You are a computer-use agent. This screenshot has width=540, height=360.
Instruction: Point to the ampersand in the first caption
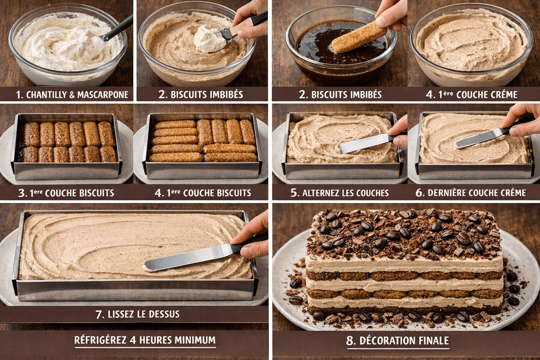click(72, 95)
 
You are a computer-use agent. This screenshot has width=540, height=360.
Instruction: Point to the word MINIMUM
click(195, 340)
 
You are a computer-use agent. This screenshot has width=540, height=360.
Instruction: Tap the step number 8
click(351, 341)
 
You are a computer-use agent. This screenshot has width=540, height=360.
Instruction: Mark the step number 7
click(99, 314)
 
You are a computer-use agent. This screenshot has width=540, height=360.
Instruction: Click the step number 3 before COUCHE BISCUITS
click(22, 193)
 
